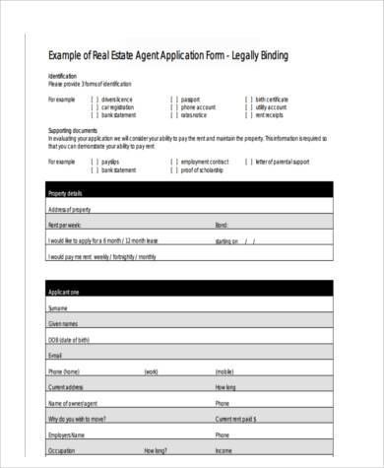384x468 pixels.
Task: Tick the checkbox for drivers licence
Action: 95,100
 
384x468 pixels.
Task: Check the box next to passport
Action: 174,100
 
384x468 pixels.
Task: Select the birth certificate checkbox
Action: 249,100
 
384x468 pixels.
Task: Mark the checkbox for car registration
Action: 95,107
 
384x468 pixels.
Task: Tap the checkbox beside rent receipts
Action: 249,115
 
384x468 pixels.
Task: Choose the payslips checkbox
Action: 95,161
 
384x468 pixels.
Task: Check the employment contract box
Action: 174,161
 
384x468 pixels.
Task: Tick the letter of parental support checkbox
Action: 249,161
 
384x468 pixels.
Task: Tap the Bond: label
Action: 222,225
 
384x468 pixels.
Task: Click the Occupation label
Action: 63,450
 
